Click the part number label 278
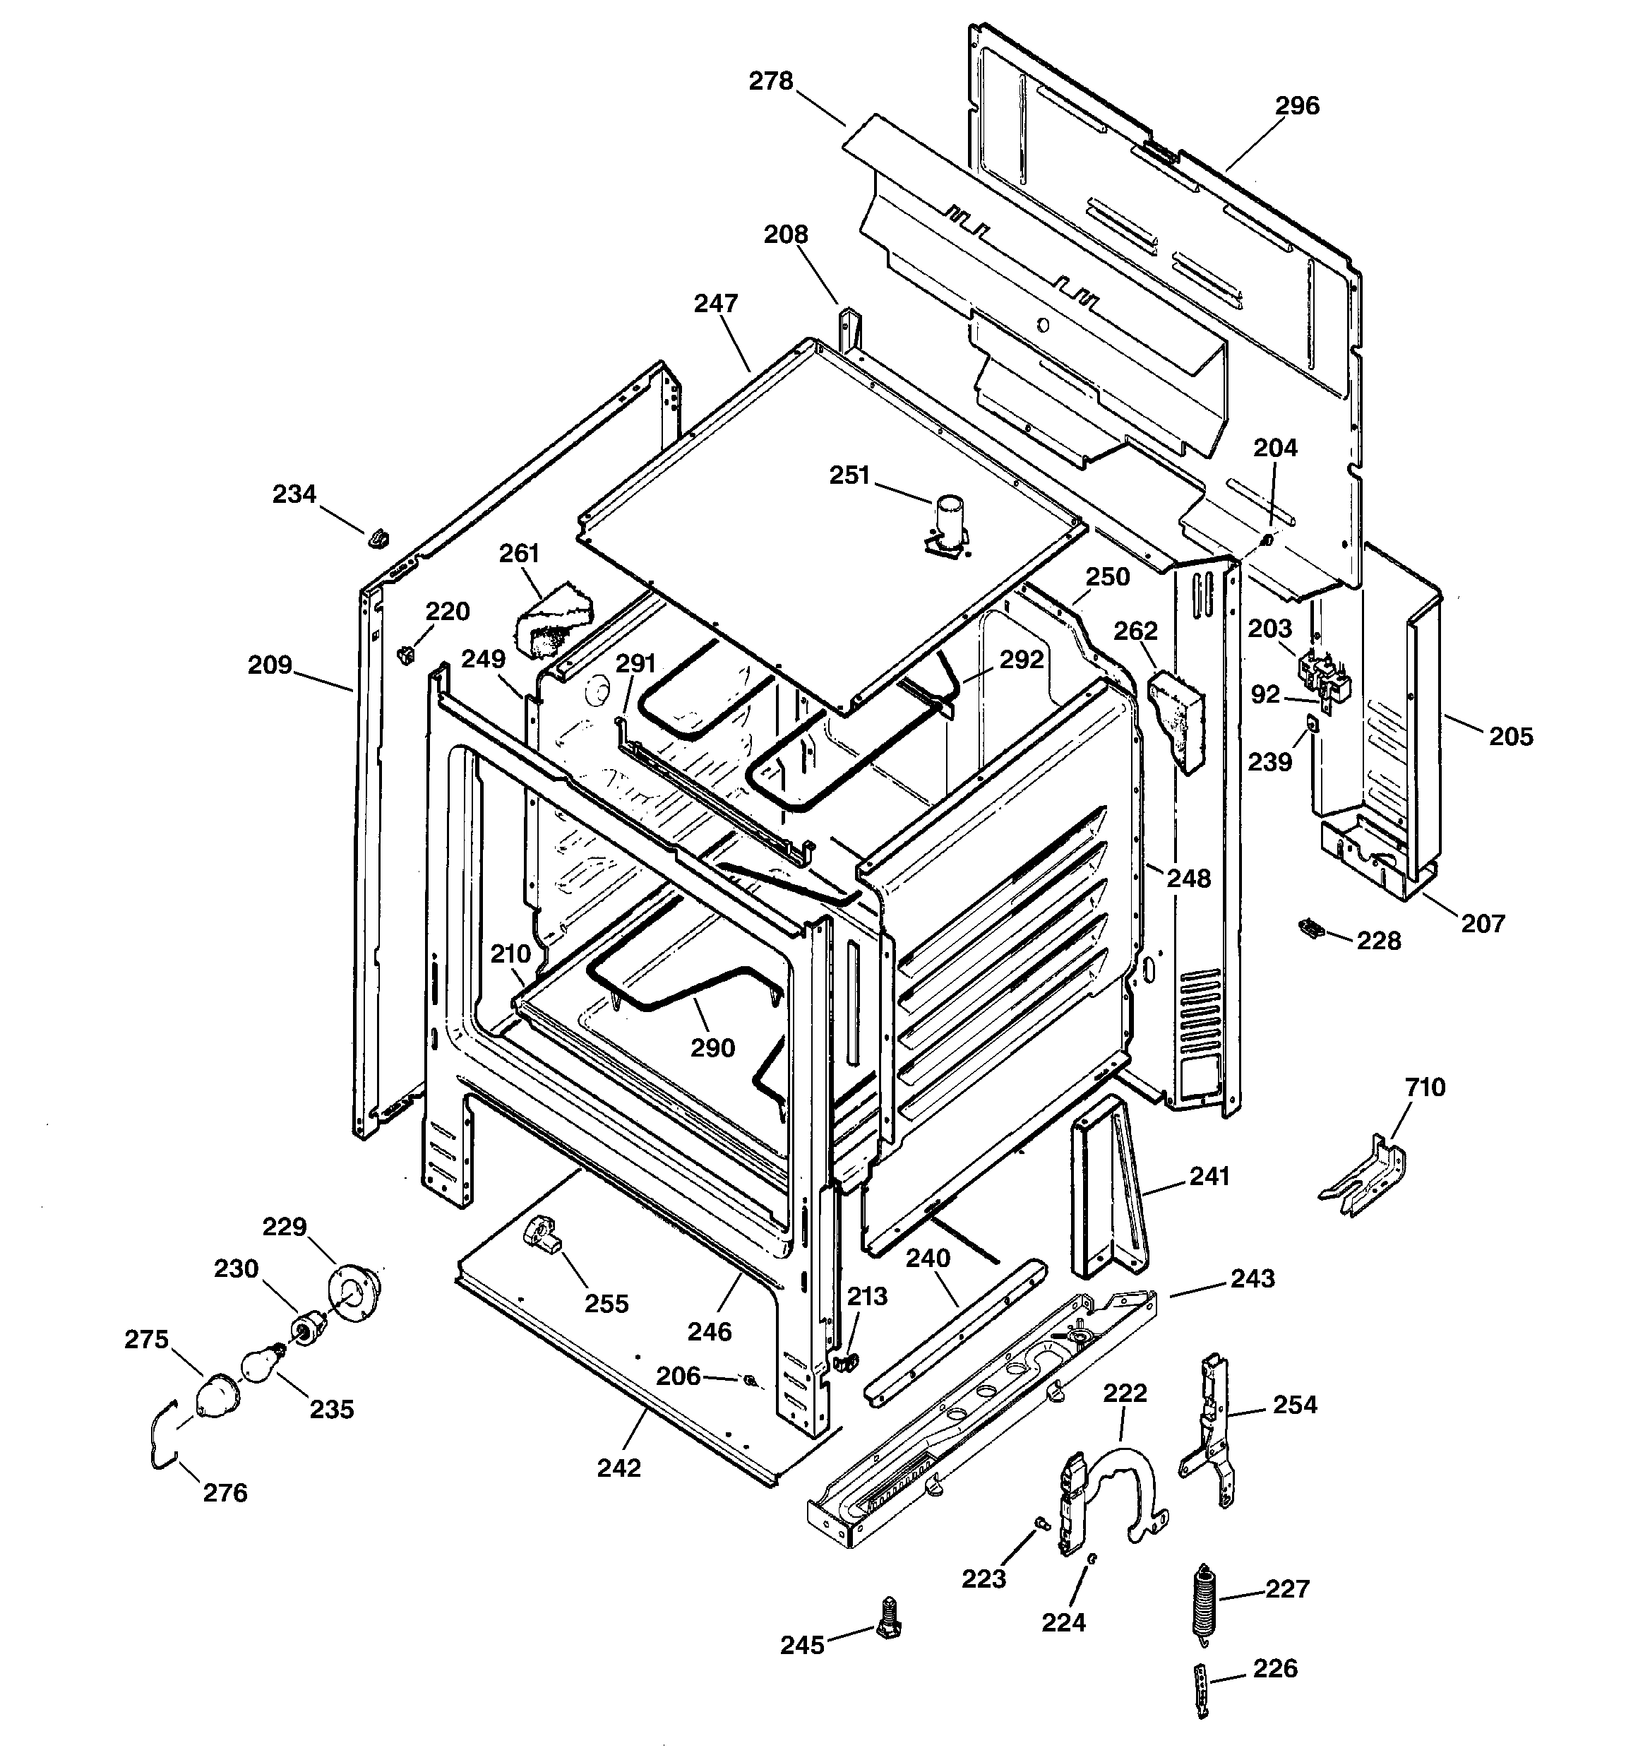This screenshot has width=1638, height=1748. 770,82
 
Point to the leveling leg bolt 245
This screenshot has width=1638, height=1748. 889,1619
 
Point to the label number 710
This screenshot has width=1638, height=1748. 1424,1088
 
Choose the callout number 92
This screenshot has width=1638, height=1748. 1265,695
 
